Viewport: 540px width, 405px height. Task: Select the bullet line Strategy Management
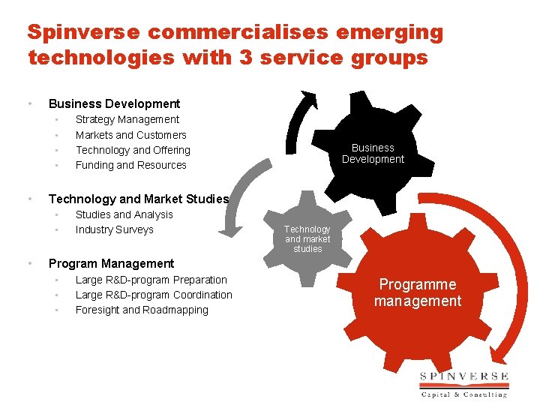click(x=127, y=119)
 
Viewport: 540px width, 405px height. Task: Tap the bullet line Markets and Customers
click(x=131, y=135)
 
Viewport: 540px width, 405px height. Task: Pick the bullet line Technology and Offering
click(x=133, y=150)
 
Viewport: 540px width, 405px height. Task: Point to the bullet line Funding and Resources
click(x=131, y=165)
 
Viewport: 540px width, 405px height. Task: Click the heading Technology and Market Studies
click(x=139, y=199)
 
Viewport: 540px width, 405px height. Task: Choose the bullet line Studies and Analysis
click(x=124, y=214)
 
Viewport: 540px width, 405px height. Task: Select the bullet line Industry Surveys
click(x=115, y=229)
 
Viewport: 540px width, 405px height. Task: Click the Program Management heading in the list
click(x=111, y=263)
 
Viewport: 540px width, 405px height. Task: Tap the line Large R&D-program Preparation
click(x=151, y=280)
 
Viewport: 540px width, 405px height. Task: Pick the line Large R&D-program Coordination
click(x=154, y=295)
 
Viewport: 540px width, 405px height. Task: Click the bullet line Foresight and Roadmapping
click(x=142, y=310)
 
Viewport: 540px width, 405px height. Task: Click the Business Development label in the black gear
click(x=373, y=153)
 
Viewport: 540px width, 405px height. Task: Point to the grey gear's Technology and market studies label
click(x=307, y=238)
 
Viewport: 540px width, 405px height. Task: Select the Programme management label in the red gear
click(x=418, y=292)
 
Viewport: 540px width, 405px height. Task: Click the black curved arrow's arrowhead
click(x=307, y=98)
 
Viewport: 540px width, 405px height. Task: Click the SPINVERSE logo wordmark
click(x=464, y=376)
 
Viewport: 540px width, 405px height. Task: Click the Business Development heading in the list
click(x=114, y=103)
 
